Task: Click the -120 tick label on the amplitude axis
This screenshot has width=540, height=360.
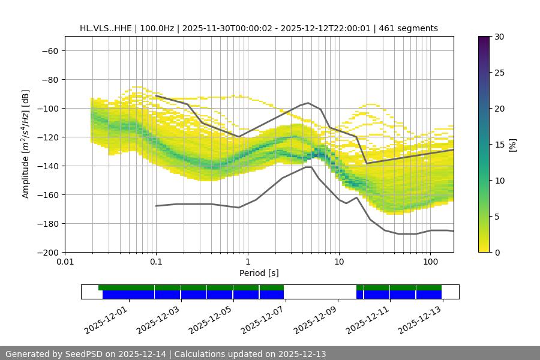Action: pos(49,137)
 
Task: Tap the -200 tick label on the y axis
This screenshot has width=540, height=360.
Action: pos(49,252)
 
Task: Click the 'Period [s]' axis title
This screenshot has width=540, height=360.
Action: pos(259,273)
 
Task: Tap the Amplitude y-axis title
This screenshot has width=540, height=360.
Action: pos(26,144)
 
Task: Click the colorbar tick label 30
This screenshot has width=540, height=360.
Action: pos(499,37)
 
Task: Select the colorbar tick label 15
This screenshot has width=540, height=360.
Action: pos(499,145)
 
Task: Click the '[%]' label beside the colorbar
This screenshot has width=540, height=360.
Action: pos(512,144)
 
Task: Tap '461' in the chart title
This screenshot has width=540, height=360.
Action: pos(391,28)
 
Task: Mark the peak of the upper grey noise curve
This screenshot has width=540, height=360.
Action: pos(308,103)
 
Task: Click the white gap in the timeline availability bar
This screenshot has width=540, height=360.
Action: pos(320,292)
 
